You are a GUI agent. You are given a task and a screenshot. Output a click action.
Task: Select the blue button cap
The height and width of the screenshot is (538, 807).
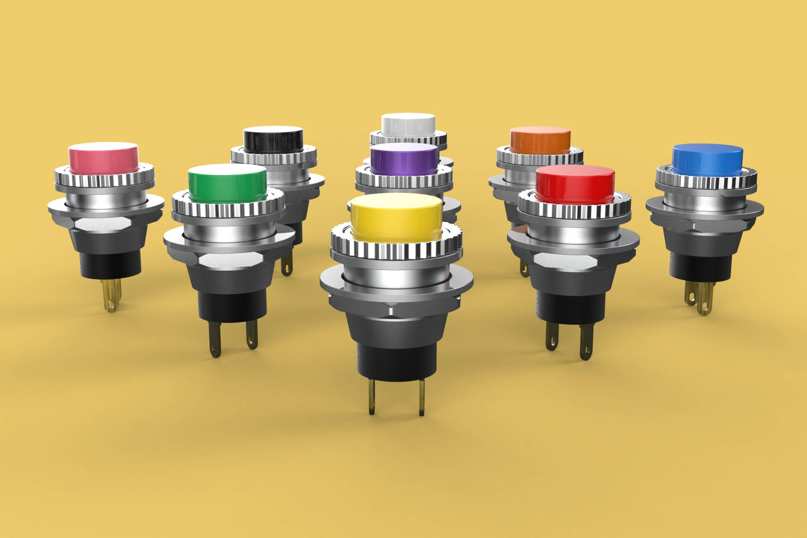pos(707,159)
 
